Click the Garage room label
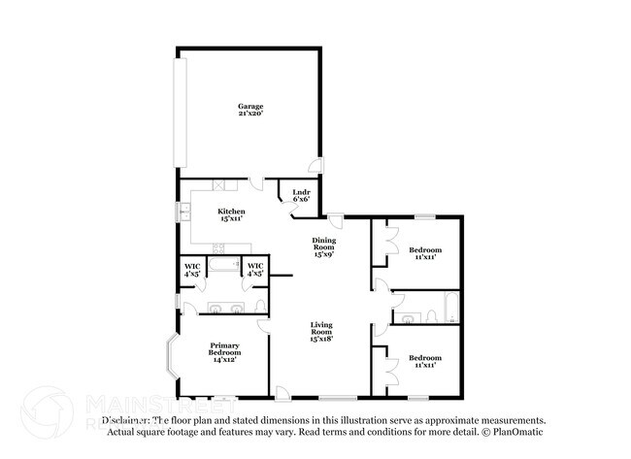[x=251, y=110]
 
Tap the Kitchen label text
[x=231, y=215]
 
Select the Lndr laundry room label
[x=301, y=195]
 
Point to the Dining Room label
[x=323, y=247]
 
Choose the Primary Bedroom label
[x=223, y=351]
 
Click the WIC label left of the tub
[x=192, y=270]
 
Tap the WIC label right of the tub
[x=255, y=270]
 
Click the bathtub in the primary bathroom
[x=224, y=265]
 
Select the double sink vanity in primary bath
[x=224, y=309]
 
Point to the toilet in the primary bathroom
[x=259, y=307]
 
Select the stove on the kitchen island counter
[x=229, y=243]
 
